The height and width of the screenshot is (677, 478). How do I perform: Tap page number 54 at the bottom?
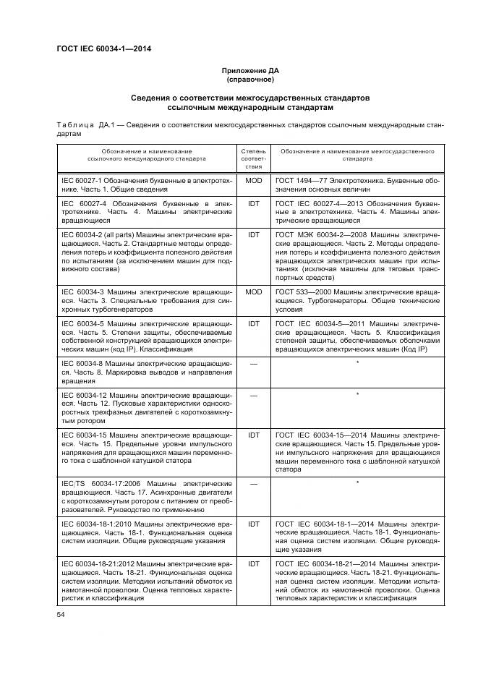tap(61, 614)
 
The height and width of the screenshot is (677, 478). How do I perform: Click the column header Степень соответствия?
tap(253, 157)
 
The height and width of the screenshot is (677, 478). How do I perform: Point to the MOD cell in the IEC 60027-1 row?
tap(253, 179)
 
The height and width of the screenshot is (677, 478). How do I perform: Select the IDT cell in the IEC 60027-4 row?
tap(253, 205)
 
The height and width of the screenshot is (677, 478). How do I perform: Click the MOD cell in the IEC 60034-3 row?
tap(253, 291)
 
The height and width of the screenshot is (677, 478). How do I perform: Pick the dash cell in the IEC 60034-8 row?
tap(253, 363)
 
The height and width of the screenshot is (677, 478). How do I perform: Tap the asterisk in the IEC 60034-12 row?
tap(357, 395)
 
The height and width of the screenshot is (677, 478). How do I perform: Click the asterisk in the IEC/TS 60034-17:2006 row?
tap(357, 482)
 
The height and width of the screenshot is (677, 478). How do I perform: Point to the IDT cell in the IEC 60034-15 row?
tap(253, 435)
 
